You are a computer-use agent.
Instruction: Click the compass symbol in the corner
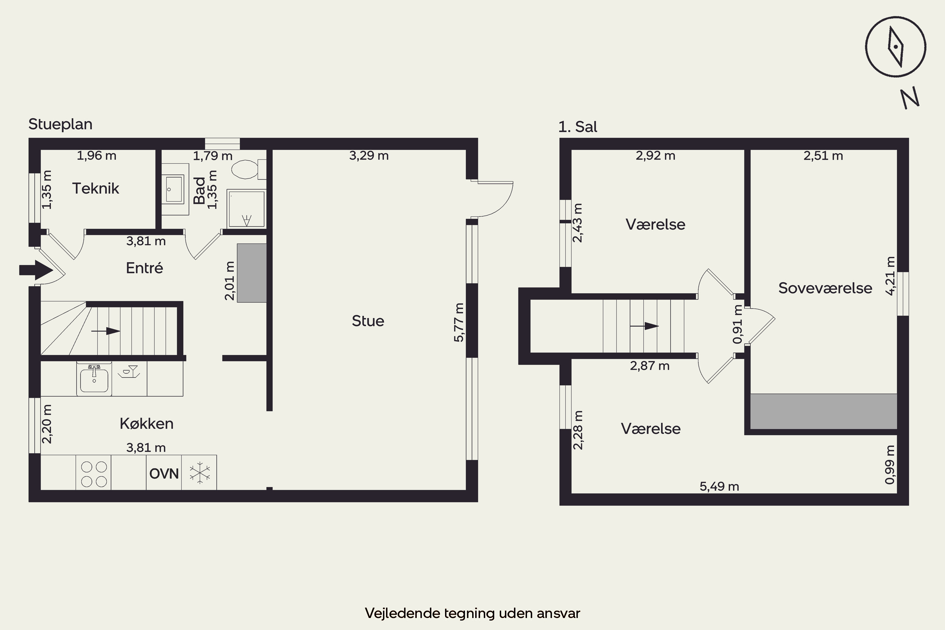896,47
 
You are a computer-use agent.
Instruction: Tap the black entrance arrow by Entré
36,270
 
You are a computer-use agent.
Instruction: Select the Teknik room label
96,188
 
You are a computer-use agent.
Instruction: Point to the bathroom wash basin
175,189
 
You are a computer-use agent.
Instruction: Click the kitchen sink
94,379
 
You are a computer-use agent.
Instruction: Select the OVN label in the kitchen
164,474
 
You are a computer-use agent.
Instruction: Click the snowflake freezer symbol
200,472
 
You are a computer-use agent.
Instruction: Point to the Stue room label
368,321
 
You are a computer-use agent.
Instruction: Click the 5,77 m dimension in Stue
458,322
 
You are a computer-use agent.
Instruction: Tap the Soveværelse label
825,288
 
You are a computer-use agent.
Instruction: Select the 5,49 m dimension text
719,487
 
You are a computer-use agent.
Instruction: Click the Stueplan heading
60,124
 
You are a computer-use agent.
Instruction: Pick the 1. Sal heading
578,127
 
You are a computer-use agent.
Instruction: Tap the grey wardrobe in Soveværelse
824,411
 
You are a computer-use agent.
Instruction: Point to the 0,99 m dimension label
890,464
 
